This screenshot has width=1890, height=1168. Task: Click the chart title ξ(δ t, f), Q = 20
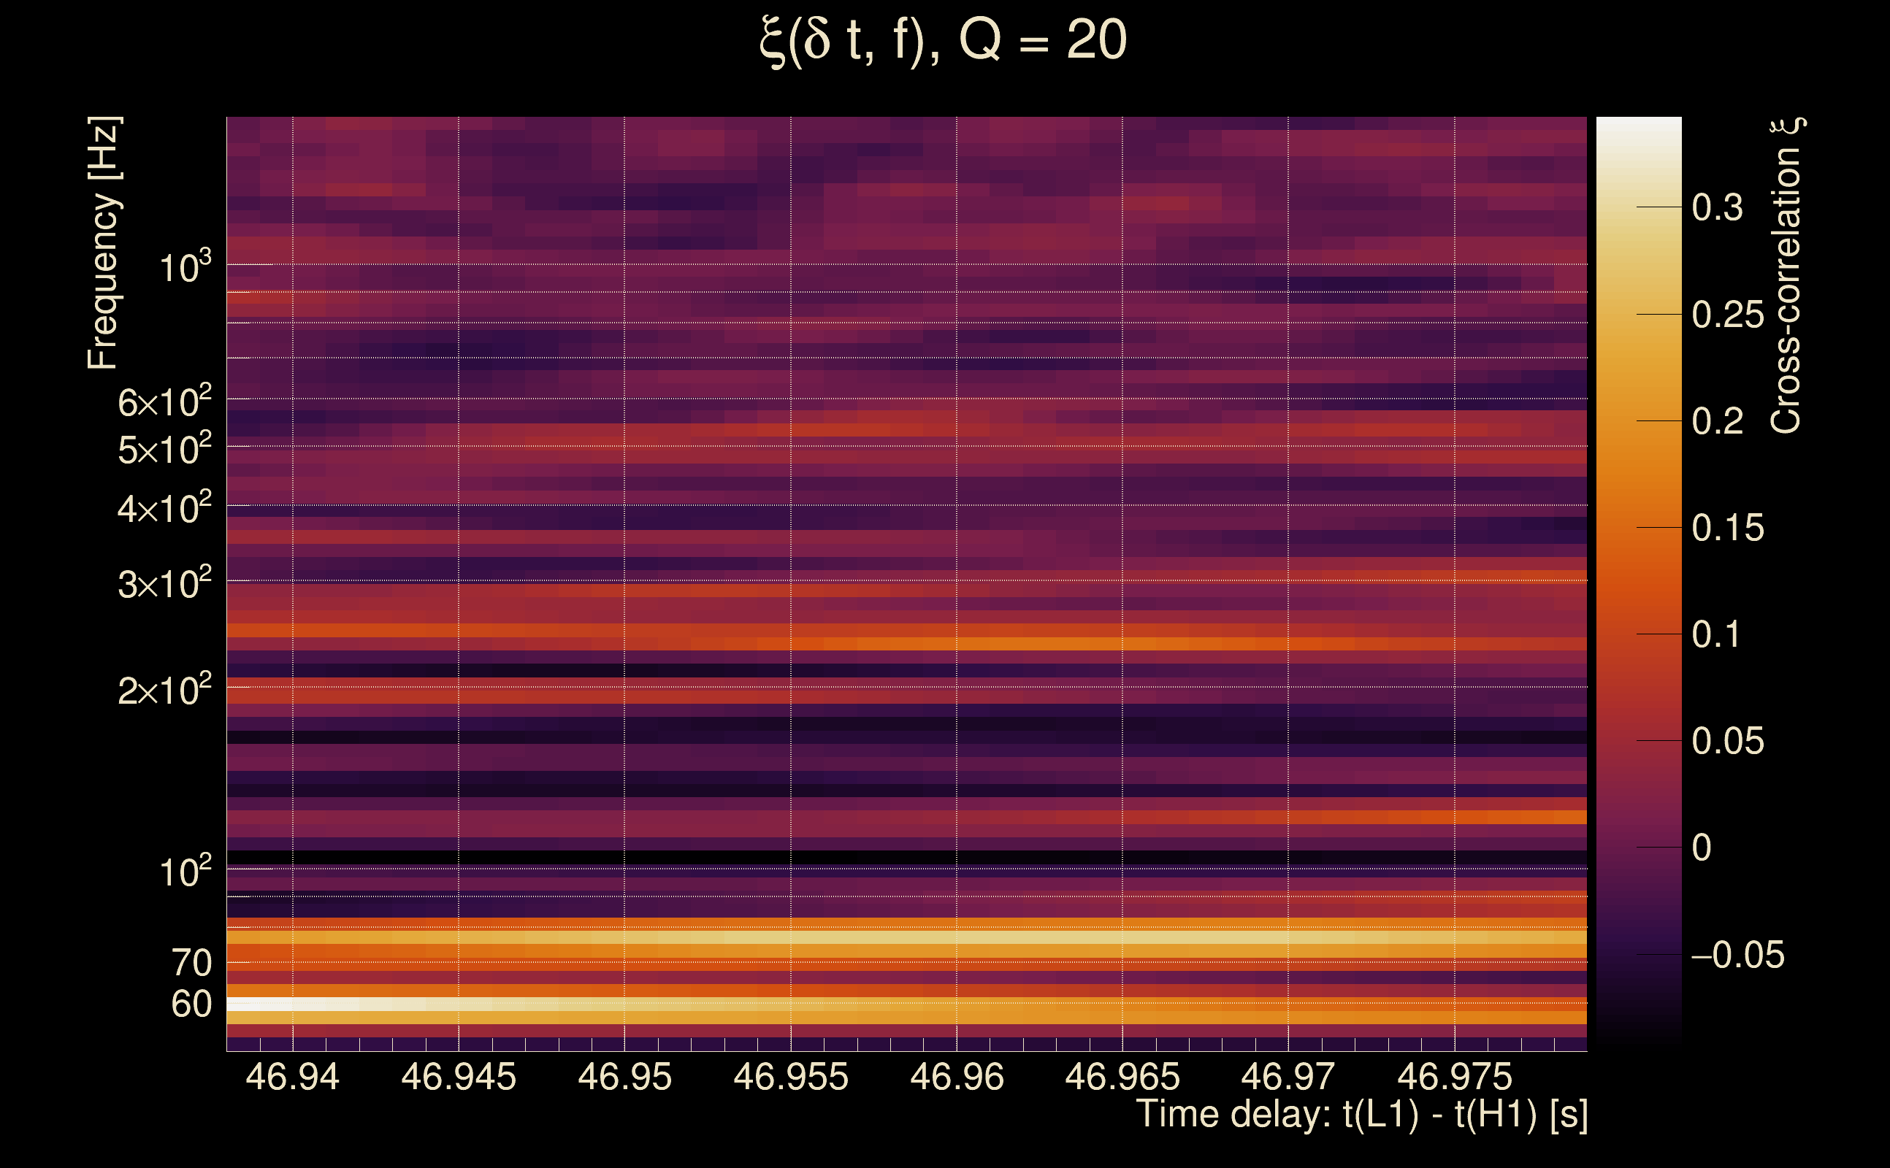coord(943,41)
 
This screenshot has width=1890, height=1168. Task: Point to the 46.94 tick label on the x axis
coord(292,1077)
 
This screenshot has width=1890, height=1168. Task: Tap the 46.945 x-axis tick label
coord(458,1077)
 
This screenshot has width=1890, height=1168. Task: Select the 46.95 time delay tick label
coord(624,1077)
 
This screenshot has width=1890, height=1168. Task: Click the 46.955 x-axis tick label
coord(790,1077)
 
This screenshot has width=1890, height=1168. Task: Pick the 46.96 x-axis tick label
coord(957,1077)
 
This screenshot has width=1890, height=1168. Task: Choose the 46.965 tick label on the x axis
coord(1122,1077)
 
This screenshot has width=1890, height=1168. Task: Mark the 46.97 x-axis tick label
coord(1288,1077)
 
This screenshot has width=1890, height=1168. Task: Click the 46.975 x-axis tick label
coord(1454,1077)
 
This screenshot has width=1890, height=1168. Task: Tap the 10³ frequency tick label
coord(185,267)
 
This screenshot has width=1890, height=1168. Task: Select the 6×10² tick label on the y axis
coord(164,401)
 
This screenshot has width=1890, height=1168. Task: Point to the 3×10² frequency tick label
coord(164,583)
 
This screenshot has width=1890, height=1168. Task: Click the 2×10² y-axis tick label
coord(164,689)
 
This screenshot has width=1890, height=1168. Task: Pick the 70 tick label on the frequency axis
coord(191,964)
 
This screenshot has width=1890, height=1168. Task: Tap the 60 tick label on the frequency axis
coord(191,1004)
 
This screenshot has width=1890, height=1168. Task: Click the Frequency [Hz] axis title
coord(103,242)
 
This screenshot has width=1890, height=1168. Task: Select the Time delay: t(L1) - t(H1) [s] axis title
coord(1361,1115)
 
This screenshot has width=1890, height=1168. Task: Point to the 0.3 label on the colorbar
coord(1717,207)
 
